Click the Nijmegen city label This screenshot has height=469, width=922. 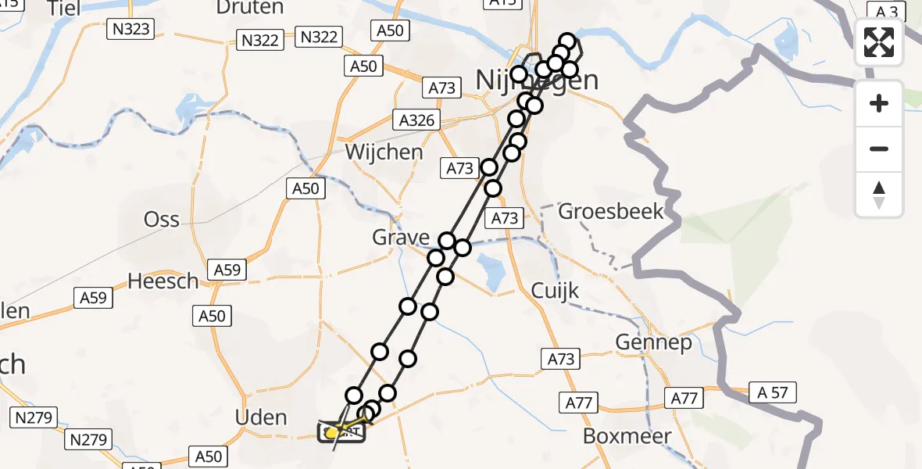tap(538, 81)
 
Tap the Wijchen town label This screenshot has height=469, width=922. tap(384, 152)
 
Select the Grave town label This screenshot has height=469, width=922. tap(401, 238)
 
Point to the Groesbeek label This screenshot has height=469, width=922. tap(611, 211)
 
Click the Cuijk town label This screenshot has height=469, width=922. tap(555, 291)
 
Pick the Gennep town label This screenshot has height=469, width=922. tap(653, 342)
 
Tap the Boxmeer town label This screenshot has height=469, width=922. tap(627, 435)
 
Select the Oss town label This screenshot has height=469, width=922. tap(162, 220)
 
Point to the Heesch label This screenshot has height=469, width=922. tap(163, 281)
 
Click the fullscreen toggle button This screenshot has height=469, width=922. tap(879, 41)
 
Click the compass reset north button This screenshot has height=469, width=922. tap(879, 194)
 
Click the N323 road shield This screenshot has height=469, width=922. tap(130, 30)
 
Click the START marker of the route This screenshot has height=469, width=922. tap(341, 431)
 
